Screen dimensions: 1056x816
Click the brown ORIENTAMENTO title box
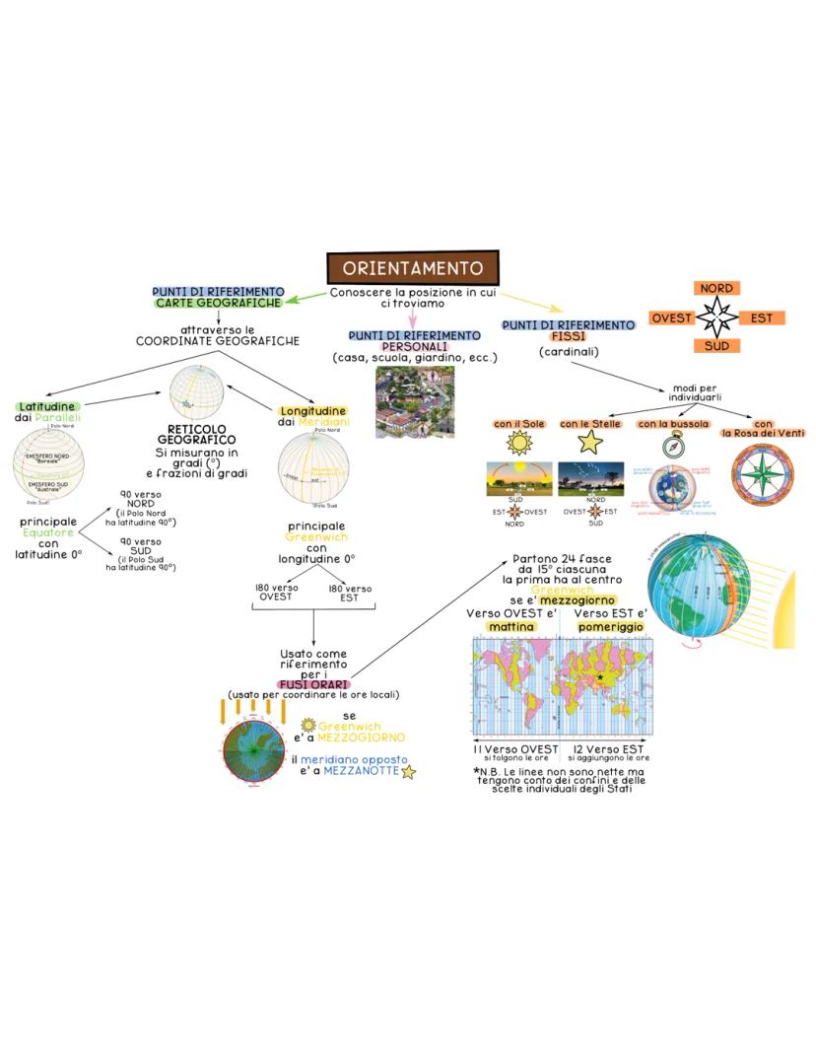tap(413, 268)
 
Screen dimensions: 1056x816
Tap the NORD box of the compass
tap(716, 288)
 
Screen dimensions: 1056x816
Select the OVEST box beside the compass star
tap(671, 317)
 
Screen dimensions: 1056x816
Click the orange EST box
tap(761, 317)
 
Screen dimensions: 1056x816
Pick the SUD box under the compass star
tap(716, 346)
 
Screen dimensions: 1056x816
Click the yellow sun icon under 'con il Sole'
tap(518, 443)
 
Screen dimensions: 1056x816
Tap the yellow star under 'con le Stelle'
tap(589, 443)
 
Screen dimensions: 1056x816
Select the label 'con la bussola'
tap(672, 424)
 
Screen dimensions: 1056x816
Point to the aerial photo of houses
tap(414, 403)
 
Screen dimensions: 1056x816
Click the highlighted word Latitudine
tap(46, 406)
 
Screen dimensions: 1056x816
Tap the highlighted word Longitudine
tap(312, 410)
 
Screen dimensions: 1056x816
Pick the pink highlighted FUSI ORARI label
tap(312, 683)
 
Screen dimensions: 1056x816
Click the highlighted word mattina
tap(511, 626)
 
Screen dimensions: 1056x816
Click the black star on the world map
tap(599, 677)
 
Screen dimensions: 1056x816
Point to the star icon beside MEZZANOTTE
tap(408, 772)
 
